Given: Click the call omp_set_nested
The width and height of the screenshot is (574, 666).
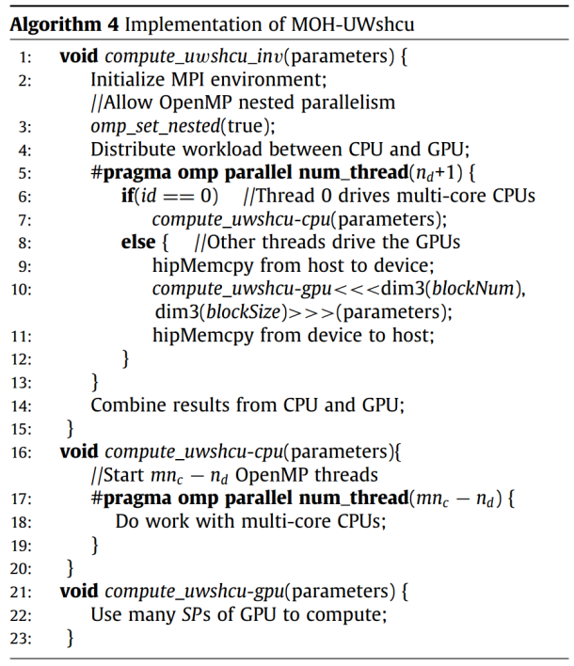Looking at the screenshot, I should tap(147, 126).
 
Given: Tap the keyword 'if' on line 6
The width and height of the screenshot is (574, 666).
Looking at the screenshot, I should tap(127, 196).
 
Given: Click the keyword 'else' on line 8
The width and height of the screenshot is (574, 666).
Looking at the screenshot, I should tap(138, 242).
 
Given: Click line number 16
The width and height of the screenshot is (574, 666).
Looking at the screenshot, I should tap(22, 451).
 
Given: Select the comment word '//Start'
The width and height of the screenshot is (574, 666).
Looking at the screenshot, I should tap(120, 474).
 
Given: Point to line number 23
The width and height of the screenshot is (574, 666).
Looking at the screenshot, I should tap(22, 638).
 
